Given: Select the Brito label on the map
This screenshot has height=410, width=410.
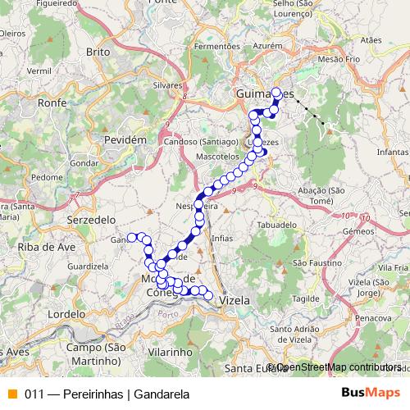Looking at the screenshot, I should click(x=98, y=51).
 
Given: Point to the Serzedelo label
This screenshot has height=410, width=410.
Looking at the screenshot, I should click(x=91, y=221).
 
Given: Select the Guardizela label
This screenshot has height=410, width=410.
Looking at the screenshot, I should click(x=89, y=266).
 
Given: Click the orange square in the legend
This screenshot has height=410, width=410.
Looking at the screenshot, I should click(x=11, y=393).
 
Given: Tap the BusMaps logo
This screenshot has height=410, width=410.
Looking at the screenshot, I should click(x=370, y=393).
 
